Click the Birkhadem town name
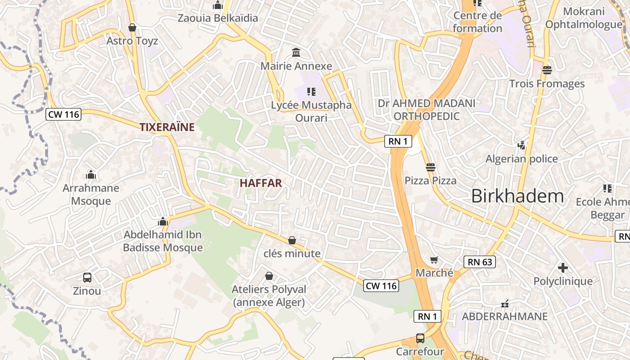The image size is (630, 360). tap(517, 196)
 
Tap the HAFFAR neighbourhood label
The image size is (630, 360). tap(261, 183)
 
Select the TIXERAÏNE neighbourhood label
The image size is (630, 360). tap(167, 127)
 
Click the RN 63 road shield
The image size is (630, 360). tap(479, 262)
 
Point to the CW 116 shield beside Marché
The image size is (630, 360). tap(381, 285)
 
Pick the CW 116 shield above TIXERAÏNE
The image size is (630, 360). tap(63, 114)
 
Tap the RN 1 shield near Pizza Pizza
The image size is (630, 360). tap(398, 141)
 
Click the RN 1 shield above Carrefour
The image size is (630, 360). tap(427, 316)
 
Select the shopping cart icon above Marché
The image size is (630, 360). tap(434, 260)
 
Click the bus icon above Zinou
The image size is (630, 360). tap(87, 278)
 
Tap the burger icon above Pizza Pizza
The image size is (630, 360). tap(430, 167)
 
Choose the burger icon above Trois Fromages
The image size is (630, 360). tap(547, 70)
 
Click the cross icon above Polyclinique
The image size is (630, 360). tap(562, 268)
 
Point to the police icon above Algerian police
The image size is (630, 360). tap(522, 145)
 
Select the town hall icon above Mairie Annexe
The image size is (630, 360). tap(296, 53)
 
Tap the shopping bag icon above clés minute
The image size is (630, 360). tap(292, 240)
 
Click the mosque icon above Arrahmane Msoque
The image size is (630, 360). tap(91, 175)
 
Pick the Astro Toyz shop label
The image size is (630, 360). tap(132, 41)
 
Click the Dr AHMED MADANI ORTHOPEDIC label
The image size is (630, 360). tap(426, 110)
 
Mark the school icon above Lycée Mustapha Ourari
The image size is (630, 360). tap(311, 92)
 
